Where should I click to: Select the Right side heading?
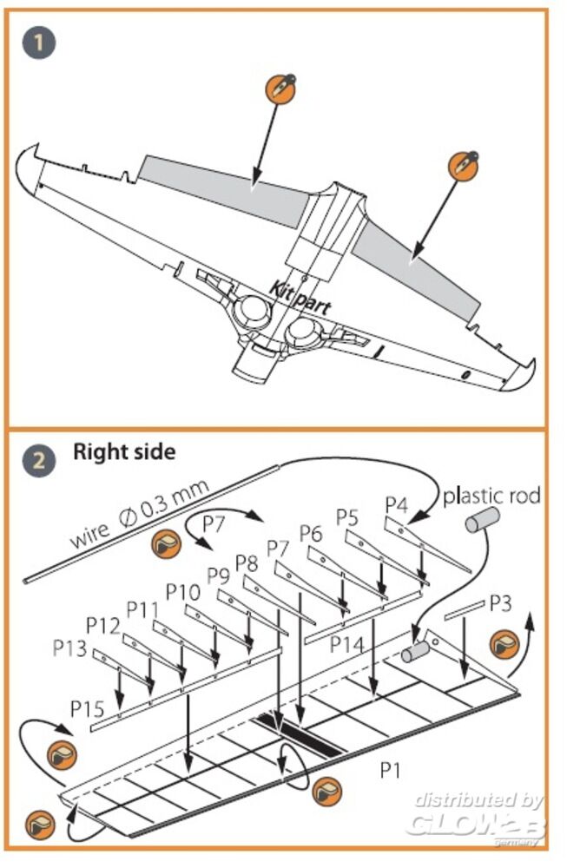click(x=123, y=452)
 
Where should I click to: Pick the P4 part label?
click(x=397, y=504)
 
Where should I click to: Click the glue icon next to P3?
click(x=504, y=646)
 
